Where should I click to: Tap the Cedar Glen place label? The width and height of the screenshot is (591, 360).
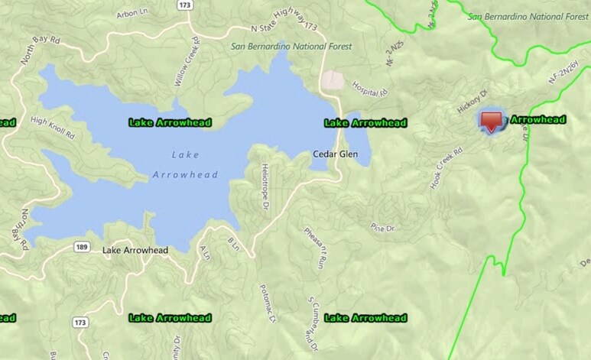point(335,154)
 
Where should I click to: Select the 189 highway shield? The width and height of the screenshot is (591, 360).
point(80,246)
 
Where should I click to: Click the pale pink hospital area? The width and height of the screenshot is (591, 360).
point(332,79)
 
